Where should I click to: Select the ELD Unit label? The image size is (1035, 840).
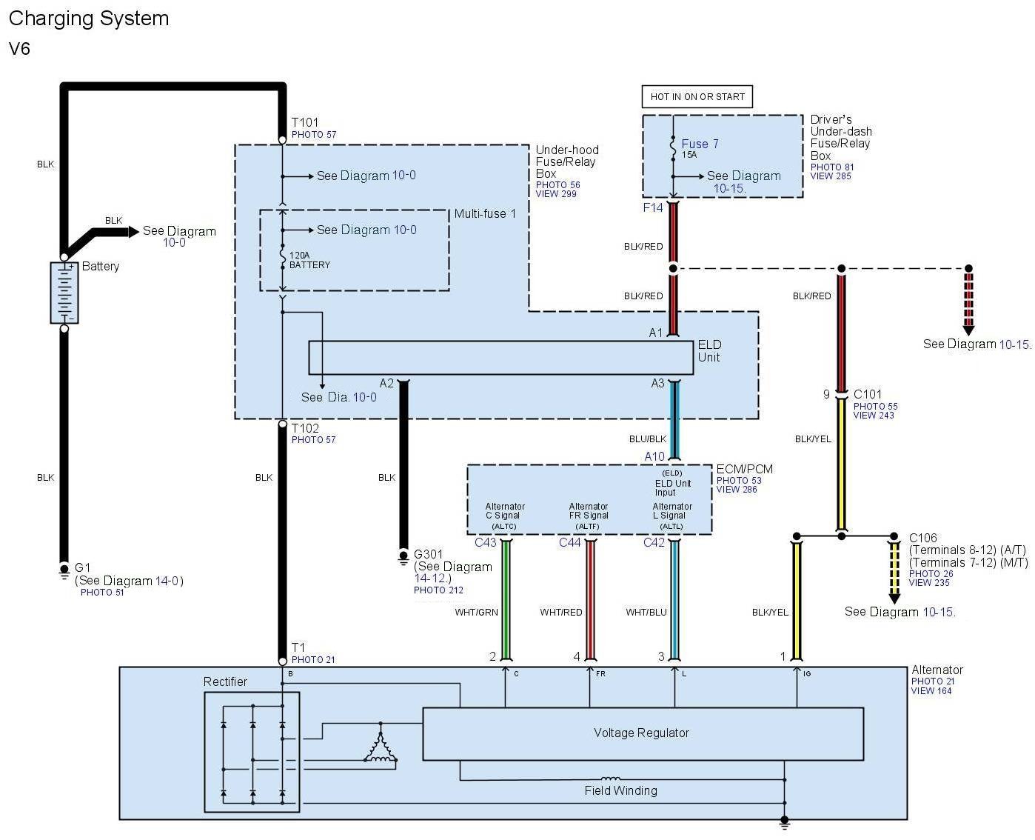click(709, 351)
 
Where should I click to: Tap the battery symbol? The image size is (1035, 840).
click(64, 293)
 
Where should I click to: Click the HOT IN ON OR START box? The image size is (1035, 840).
click(697, 96)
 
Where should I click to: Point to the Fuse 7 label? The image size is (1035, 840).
click(700, 144)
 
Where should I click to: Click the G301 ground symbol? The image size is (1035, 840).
click(403, 558)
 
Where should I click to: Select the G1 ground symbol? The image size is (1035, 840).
click(64, 570)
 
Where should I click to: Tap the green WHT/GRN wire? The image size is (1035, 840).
click(506, 600)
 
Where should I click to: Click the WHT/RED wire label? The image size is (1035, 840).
click(560, 612)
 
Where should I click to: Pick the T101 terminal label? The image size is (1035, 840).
click(305, 122)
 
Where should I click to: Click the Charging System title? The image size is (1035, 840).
click(89, 19)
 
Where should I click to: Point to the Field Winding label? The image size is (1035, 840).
click(620, 790)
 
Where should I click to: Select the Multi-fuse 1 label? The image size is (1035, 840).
click(485, 213)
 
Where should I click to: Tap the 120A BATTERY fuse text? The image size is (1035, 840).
click(309, 260)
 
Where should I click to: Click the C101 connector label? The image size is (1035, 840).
click(868, 394)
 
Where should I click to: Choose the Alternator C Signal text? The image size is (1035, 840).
click(504, 511)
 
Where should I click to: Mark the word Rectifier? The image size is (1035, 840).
click(225, 681)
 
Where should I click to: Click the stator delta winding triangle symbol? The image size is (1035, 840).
click(381, 742)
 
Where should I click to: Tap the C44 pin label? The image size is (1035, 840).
click(569, 542)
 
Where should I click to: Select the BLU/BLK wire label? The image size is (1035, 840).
click(648, 439)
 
